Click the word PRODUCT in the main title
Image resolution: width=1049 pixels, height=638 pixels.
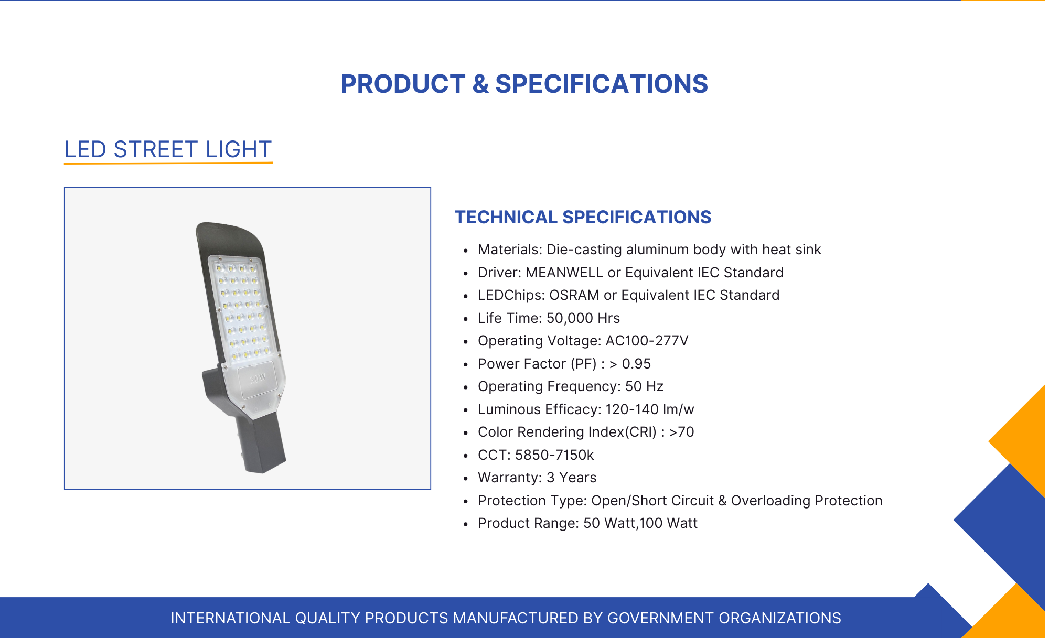click(x=403, y=84)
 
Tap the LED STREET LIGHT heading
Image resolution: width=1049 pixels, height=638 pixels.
click(x=168, y=149)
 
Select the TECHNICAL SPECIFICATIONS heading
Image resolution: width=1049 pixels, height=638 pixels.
click(x=583, y=217)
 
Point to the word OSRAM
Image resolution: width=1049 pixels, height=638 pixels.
click(x=574, y=295)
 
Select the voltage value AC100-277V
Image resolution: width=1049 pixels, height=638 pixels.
click(x=647, y=341)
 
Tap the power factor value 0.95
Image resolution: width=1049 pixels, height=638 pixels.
click(x=636, y=364)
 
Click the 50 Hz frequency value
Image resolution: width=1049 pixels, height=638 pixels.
click(x=644, y=386)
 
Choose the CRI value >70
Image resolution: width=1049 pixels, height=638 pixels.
click(x=681, y=432)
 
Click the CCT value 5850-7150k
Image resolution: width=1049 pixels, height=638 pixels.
click(x=554, y=455)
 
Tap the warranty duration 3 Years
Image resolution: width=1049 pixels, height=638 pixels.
click(x=571, y=478)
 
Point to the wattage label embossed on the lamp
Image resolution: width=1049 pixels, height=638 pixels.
click(x=258, y=378)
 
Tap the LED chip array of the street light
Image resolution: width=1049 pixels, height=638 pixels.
click(x=243, y=311)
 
